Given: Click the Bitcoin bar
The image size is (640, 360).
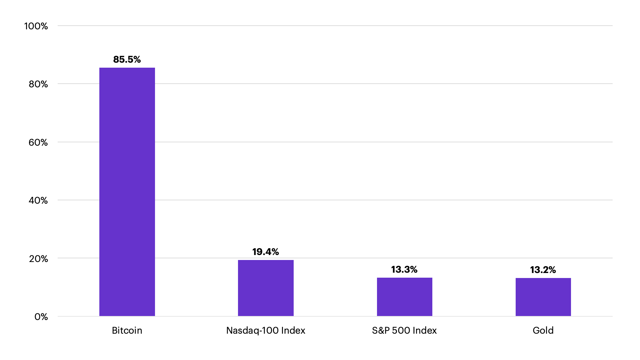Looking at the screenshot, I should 127,192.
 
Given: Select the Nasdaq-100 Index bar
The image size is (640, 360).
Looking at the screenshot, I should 266,288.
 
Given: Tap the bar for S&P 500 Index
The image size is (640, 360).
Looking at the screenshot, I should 404,297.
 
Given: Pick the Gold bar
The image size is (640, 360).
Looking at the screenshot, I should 543,297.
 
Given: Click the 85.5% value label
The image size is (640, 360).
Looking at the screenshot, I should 127,59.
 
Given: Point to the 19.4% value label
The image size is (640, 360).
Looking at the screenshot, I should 266,252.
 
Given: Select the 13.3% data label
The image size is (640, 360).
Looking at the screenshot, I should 404,269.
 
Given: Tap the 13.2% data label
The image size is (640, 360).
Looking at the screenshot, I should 543,270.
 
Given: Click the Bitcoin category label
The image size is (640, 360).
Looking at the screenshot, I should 127,330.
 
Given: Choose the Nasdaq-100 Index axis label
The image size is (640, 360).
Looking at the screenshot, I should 266,330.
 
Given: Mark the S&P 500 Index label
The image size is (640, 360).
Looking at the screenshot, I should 404,330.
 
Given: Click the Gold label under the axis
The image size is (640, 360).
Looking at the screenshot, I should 543,330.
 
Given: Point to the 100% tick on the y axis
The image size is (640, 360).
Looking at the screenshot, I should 36,26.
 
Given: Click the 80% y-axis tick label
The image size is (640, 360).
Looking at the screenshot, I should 38,84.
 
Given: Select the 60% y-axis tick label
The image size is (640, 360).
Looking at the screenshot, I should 38,142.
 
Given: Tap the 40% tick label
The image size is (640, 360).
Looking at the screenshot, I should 38,200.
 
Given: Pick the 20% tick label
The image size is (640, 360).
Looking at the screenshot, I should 38,259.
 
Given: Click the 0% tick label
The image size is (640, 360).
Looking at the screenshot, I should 41,317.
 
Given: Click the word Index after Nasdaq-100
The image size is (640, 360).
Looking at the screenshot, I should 293,330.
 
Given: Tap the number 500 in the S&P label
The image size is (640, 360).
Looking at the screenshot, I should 401,330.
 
